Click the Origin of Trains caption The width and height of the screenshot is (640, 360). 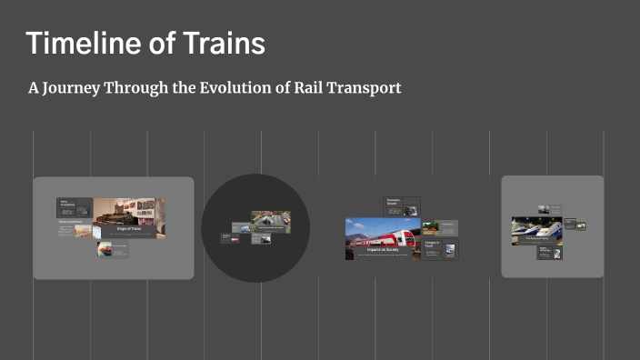pyautogui.click(x=129, y=229)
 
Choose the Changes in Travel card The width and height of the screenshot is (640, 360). pyautogui.click(x=440, y=248)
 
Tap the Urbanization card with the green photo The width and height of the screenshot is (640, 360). pyautogui.click(x=439, y=227)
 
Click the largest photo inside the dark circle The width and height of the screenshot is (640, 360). pyautogui.click(x=271, y=221)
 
